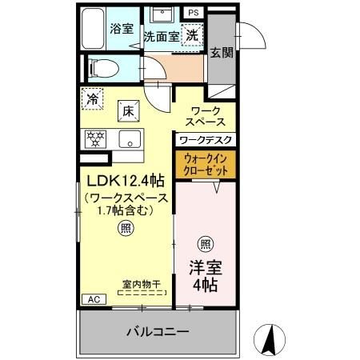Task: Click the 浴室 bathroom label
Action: tap(121, 26)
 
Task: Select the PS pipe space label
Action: tap(194, 13)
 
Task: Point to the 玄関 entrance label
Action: tap(222, 53)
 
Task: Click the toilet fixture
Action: tap(102, 68)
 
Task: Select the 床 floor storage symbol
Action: tap(128, 110)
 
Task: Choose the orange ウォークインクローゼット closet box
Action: tap(206, 165)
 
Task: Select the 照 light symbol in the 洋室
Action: tap(206, 244)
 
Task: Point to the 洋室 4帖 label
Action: tap(206, 274)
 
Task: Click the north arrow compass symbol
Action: tap(270, 339)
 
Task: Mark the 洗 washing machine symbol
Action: tap(193, 34)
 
